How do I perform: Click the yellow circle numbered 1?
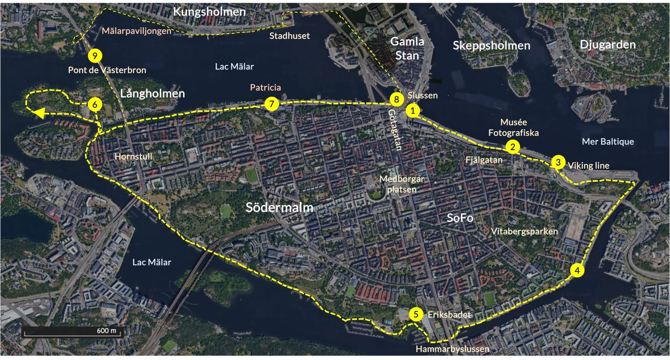[413, 111]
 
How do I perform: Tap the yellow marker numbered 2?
[512, 147]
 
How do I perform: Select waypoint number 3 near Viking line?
[558, 162]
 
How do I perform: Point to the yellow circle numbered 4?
[577, 270]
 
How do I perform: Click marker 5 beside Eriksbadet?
[416, 314]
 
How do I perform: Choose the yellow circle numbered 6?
[95, 104]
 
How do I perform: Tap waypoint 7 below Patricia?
[271, 104]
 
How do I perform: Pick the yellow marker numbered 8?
[396, 99]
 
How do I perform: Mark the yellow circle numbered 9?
[95, 56]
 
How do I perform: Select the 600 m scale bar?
[72, 332]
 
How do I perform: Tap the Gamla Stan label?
[407, 49]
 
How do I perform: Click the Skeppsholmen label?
[491, 45]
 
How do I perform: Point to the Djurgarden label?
[608, 45]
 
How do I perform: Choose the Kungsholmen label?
[209, 12]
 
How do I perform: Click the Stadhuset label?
[289, 36]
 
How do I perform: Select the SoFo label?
[460, 218]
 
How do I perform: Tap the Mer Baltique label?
[608, 141]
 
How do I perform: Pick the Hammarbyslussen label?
[452, 349]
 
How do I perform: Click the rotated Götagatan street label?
[395, 130]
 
